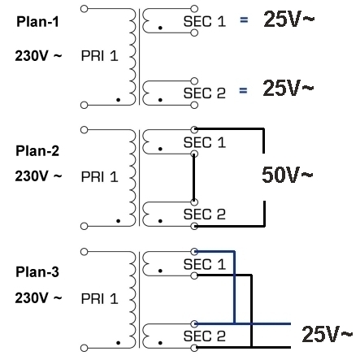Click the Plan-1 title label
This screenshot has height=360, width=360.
37,22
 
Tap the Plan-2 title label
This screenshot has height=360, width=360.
37,151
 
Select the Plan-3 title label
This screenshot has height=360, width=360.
37,272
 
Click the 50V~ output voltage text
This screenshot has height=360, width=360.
288,175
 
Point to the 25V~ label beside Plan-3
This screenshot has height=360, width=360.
327,334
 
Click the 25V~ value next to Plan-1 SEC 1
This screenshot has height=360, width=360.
289,20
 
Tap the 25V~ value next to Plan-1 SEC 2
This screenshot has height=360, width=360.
288,88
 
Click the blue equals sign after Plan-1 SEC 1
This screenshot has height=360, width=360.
244,20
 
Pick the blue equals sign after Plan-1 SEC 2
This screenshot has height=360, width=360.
243,90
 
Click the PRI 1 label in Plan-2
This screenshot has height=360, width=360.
100,177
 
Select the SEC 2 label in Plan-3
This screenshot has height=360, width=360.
205,336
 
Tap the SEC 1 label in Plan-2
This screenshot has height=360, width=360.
205,142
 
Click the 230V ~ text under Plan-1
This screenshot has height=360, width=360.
38,56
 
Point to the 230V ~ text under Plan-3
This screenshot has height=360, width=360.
38,298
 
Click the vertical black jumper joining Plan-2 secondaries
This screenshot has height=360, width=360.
194,178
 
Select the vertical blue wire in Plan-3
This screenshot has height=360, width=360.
234,288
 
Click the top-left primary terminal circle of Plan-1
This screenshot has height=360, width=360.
85,9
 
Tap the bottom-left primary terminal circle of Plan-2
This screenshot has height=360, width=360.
85,226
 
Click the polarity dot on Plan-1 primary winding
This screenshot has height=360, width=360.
118,100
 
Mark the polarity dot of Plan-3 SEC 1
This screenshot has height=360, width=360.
160,271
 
